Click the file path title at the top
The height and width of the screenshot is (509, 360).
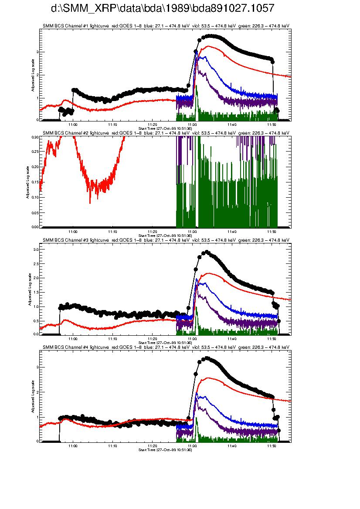click(163, 9)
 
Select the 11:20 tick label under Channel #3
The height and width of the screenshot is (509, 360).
click(152, 338)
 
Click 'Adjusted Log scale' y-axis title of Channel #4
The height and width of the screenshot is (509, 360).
click(33, 396)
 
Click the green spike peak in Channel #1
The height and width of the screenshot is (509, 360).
click(197, 86)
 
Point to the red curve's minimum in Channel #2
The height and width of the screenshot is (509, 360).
click(90, 202)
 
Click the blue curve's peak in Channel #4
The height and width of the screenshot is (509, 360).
click(197, 393)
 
